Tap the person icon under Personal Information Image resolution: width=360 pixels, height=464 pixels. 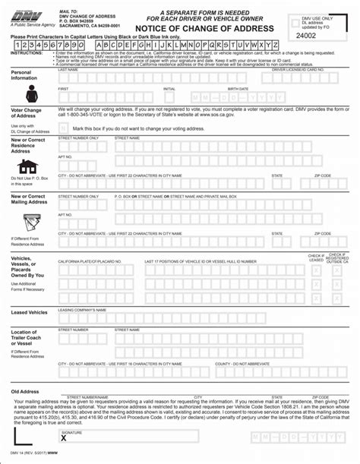tap(32, 94)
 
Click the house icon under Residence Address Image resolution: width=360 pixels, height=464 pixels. tap(28, 166)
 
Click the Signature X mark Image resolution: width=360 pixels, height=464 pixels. tap(64, 438)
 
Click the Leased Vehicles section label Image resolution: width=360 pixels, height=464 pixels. tap(29, 312)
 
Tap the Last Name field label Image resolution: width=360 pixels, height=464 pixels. tap(68, 69)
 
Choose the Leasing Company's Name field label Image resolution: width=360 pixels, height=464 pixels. tap(84, 308)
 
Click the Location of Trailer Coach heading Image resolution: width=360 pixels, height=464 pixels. tap(25, 336)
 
